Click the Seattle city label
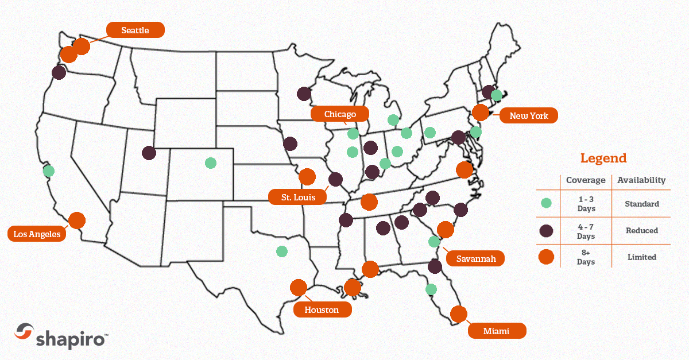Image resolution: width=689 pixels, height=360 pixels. pos(136,30)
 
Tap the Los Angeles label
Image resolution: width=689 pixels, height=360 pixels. pos(37,234)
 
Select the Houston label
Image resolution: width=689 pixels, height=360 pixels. pos(322,310)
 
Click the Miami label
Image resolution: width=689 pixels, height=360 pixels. pos(497,331)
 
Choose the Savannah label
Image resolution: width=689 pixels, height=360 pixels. pos(475,258)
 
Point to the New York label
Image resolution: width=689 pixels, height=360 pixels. pos(528,116)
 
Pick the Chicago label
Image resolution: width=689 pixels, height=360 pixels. pos(340,114)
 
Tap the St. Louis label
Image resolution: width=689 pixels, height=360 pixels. pos(297,198)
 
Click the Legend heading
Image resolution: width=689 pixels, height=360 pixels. pos(603,158)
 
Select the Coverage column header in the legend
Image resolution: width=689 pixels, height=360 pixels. pos(586,180)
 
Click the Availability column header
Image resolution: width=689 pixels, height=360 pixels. pos(641,180)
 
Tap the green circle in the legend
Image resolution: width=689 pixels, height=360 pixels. pos(546,203)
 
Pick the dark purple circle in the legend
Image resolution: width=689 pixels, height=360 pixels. pos(546,230)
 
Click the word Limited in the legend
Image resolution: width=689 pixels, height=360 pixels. pos(641,257)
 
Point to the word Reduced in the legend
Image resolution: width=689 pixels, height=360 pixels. pos(641,230)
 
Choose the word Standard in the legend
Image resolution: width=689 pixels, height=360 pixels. pos(641,204)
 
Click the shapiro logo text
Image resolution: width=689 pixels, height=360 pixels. pos(71,338)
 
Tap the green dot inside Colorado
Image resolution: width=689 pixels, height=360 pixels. pos(211,162)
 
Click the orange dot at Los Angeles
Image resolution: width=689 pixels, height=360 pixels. pos(76,220)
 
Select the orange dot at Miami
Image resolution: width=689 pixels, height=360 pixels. pos(458,313)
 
